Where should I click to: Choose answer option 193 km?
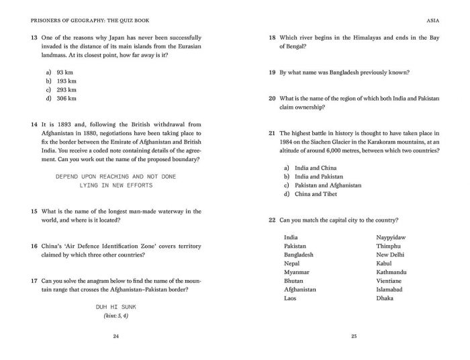(66, 81)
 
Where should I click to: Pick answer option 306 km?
(66, 98)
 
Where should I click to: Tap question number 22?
(272, 220)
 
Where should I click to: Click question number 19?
(272, 72)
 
